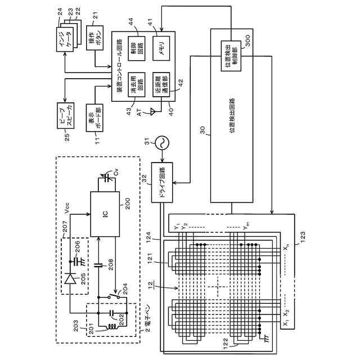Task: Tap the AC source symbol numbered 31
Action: (x=161, y=142)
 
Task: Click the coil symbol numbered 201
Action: (x=115, y=325)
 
